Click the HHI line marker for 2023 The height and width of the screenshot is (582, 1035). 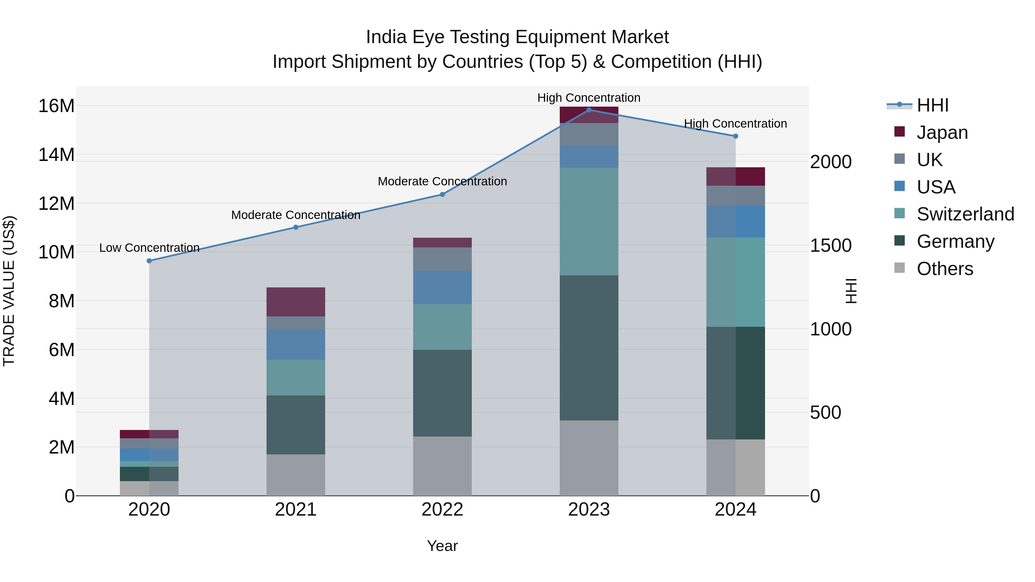tap(589, 110)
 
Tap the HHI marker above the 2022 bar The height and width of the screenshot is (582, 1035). tap(442, 194)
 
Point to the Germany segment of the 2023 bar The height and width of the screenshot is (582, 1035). tap(589, 348)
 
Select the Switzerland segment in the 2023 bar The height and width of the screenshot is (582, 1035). tap(589, 221)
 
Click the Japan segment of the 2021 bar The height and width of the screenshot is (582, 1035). tap(296, 302)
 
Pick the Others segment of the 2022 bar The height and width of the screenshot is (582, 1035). tap(442, 466)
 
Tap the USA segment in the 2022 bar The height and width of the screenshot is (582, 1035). tap(442, 288)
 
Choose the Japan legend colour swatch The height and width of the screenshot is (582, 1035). tap(900, 132)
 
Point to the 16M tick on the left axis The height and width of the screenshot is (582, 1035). tap(56, 106)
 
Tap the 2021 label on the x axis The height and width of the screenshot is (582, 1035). tap(296, 510)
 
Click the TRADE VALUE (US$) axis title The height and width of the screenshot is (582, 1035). tap(9, 291)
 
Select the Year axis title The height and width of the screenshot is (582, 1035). tap(442, 546)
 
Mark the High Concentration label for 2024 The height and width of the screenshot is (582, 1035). tap(735, 124)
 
